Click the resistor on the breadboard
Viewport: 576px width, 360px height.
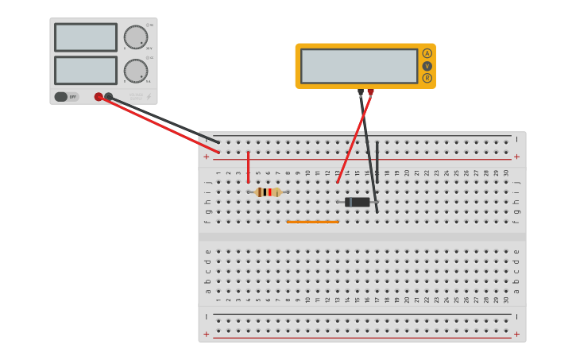tap(268, 192)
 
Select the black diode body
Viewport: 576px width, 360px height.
tap(358, 202)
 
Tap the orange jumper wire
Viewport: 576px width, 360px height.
tap(312, 222)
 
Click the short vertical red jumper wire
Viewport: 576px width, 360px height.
tap(248, 167)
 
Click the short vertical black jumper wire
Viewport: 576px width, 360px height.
tap(377, 161)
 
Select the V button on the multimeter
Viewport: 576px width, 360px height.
tap(427, 66)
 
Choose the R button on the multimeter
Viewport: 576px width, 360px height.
tap(427, 78)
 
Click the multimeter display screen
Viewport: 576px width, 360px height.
tap(359, 66)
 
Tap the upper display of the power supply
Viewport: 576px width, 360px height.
tap(85, 37)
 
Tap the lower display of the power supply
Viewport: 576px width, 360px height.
tap(85, 70)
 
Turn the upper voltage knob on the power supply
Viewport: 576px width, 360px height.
tap(136, 37)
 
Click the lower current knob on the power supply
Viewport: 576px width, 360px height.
tap(136, 71)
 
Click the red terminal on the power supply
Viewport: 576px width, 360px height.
tap(99, 97)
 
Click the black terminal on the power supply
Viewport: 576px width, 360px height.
tap(109, 97)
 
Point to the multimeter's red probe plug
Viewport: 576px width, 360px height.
tap(370, 92)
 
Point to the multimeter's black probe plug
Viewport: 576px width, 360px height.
tap(360, 92)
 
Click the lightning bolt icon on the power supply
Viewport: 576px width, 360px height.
tap(149, 97)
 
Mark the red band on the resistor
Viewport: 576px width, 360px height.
tap(274, 192)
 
